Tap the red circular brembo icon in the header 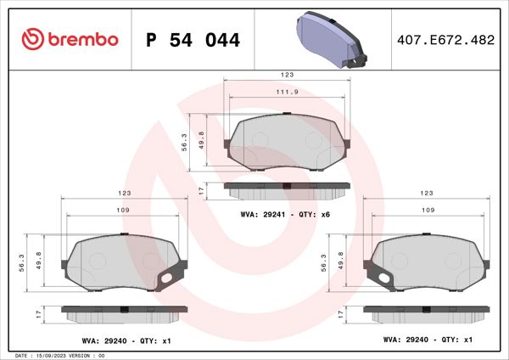point(31,39)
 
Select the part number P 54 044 point(193,40)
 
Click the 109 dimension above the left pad point(122,210)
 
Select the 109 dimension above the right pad point(428,210)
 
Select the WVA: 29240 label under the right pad point(428,338)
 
